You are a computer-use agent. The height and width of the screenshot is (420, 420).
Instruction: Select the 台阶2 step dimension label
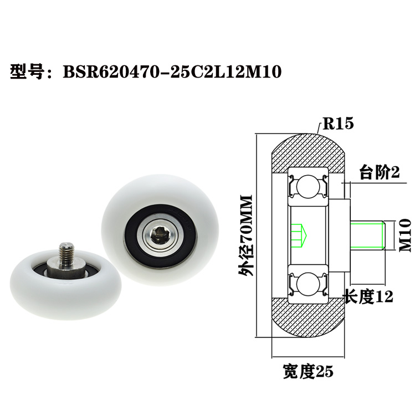tap(380, 173)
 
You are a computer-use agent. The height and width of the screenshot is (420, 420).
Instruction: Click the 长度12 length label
tap(368, 296)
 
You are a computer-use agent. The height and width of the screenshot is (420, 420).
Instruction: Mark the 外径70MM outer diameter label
tap(245, 235)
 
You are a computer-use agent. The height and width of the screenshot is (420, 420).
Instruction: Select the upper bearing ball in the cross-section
tap(306, 188)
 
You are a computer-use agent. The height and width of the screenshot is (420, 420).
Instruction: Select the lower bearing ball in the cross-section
tap(306, 283)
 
